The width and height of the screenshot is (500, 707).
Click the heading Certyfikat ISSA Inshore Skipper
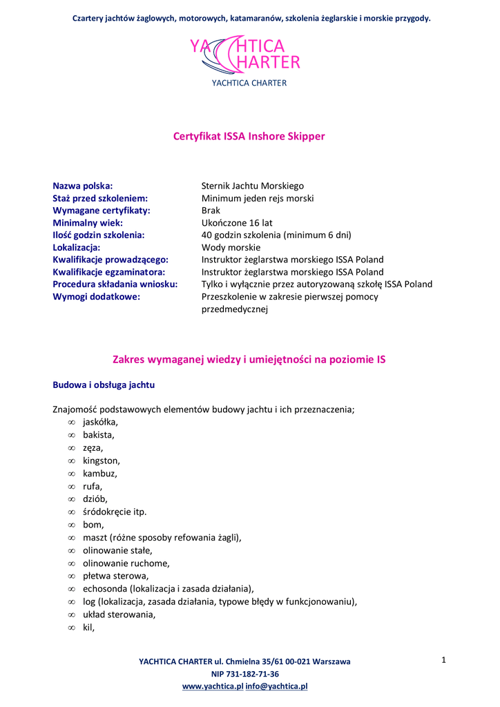tap(249, 137)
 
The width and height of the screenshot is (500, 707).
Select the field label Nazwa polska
tap(83, 186)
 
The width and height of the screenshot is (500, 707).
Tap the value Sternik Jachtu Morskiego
tap(252, 186)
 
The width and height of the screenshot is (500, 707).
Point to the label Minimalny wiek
tap(88, 223)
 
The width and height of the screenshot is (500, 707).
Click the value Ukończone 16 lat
tap(237, 223)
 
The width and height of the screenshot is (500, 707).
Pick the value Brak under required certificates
tap(211, 211)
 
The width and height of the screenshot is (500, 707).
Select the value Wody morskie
tap(231, 247)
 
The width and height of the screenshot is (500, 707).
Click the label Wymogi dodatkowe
tap(97, 297)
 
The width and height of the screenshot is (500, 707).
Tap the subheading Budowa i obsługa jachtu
tap(104, 384)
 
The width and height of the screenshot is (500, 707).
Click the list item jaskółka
tap(100, 422)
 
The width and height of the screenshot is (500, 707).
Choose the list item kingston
tap(101, 461)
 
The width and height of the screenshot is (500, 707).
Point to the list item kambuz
tap(100, 474)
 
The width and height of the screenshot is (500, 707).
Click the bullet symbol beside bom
tap(71, 525)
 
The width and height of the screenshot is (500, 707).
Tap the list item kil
tap(88, 628)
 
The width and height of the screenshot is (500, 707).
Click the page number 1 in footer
tap(444, 661)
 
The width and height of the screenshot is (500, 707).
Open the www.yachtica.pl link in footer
tap(212, 686)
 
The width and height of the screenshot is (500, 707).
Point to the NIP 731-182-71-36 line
tap(244, 674)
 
